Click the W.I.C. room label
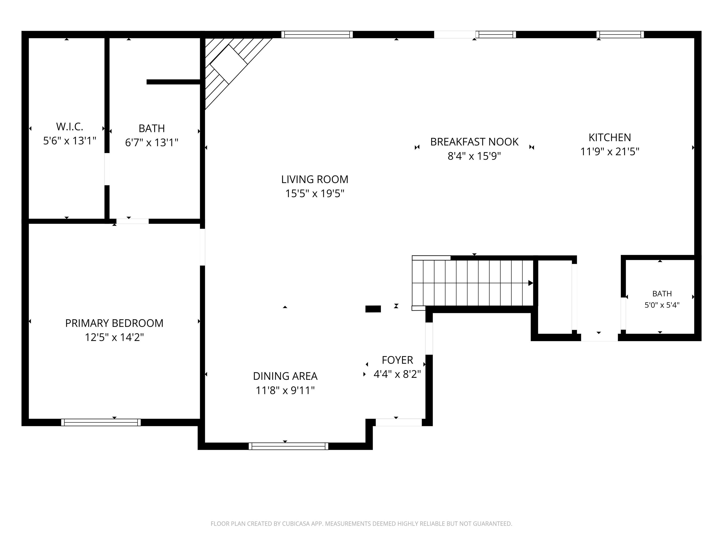(70, 126)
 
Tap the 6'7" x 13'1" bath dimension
(152, 143)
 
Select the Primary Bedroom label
(114, 323)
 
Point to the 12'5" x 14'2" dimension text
(114, 337)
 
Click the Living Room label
(315, 179)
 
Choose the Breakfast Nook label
(474, 142)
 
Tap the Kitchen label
(610, 138)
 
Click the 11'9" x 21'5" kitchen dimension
(610, 151)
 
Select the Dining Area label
(285, 376)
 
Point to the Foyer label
(398, 360)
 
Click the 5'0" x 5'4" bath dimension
(662, 305)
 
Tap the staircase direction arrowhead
(530, 283)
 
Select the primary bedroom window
(101, 422)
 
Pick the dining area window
(288, 446)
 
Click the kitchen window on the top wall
(620, 35)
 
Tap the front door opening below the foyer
(399, 422)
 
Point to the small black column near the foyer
(373, 309)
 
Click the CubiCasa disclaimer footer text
(361, 524)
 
